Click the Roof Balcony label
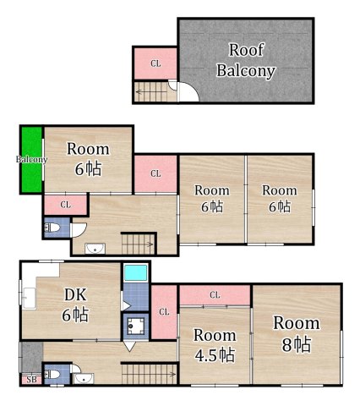(x=246, y=60)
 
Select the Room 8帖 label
(x=297, y=333)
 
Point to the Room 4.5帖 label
(x=215, y=345)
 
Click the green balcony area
(x=32, y=160)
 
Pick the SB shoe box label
(x=31, y=380)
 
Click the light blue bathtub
(x=136, y=272)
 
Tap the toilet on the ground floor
(x=52, y=375)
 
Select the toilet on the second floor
(x=52, y=227)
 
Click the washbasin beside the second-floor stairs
(x=95, y=249)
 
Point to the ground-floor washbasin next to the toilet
(x=84, y=378)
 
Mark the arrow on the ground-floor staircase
(x=149, y=375)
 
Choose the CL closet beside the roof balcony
(x=155, y=63)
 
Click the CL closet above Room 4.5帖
(x=215, y=295)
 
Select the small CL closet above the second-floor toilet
(x=65, y=205)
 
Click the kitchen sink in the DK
(x=29, y=299)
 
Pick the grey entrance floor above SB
(x=32, y=357)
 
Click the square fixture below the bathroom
(x=136, y=326)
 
